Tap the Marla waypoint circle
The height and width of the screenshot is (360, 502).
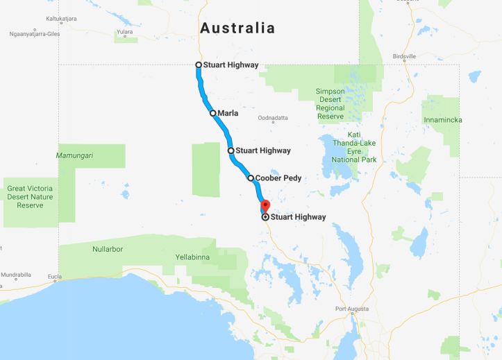[213, 112]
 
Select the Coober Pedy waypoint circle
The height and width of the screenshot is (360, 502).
[251, 178]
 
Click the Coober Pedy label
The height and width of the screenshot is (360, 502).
[278, 178]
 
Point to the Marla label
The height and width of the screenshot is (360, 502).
[227, 112]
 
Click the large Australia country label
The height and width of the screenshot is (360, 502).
[237, 28]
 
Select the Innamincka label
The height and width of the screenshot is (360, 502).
[444, 120]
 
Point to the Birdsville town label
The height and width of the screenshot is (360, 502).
[404, 56]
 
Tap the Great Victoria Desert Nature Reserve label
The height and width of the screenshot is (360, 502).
[30, 197]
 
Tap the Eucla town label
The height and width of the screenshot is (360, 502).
[54, 277]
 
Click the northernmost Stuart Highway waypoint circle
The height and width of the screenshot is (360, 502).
[199, 65]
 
